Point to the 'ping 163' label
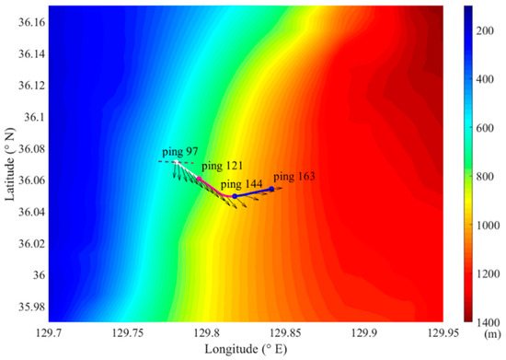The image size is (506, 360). (294, 176)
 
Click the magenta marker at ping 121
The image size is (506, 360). (200, 178)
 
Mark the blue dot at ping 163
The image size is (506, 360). (271, 189)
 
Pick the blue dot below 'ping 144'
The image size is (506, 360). (235, 196)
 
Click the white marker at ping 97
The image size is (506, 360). (177, 162)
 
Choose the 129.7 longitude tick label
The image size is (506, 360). (48, 332)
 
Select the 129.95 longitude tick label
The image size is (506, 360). (442, 332)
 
